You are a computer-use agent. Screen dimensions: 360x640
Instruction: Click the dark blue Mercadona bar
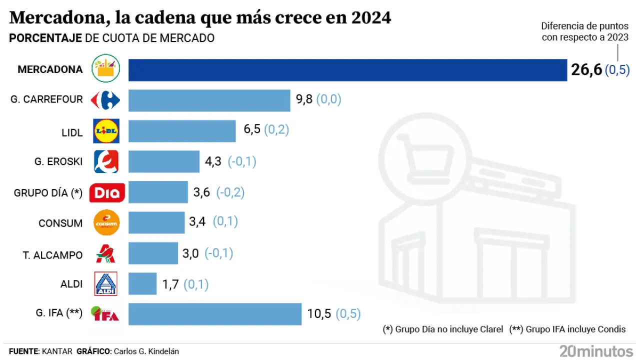pyautogui.click(x=347, y=70)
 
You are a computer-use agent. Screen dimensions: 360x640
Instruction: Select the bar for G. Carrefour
pyautogui.click(x=209, y=100)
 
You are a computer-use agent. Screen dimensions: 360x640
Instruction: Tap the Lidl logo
pyautogui.click(x=106, y=131)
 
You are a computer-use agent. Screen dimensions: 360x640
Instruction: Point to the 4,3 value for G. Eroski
pyautogui.click(x=213, y=161)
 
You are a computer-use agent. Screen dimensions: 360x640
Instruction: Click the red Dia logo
pyautogui.click(x=106, y=192)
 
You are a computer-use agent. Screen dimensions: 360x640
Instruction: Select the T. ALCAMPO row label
pyautogui.click(x=52, y=254)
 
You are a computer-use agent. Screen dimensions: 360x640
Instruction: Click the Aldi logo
pyautogui.click(x=105, y=284)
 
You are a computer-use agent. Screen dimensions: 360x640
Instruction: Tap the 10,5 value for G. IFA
pyautogui.click(x=319, y=314)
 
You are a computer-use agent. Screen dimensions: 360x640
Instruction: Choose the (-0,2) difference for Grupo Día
pyautogui.click(x=229, y=192)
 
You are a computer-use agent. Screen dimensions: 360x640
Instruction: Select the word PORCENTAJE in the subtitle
pyautogui.click(x=45, y=38)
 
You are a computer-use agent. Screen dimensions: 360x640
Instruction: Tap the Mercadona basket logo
pyautogui.click(x=106, y=69)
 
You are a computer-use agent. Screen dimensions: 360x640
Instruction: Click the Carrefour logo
pyautogui.click(x=105, y=100)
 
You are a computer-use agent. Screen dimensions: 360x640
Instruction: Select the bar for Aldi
pyautogui.click(x=142, y=284)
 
